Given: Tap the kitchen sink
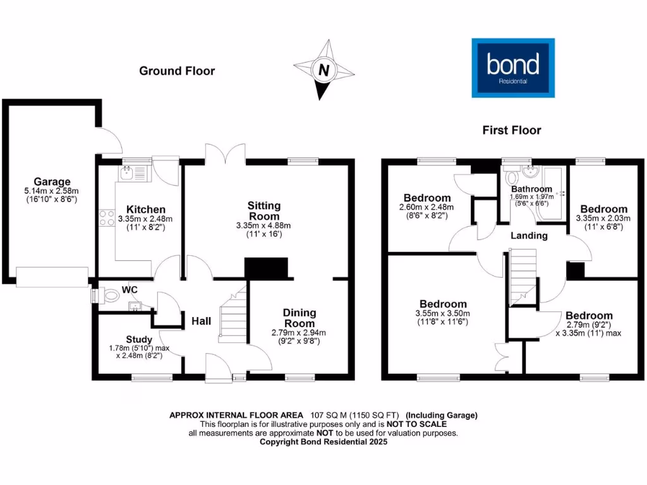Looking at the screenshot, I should point(128,171).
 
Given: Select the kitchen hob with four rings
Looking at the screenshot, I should point(105,219).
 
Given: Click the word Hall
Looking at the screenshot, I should point(202,321).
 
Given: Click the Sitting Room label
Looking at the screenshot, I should point(263,211).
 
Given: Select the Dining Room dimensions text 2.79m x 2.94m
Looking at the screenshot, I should point(298,333).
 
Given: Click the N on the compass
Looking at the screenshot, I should point(324,71).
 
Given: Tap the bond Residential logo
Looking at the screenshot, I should point(513,68).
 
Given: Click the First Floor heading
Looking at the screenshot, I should point(512,131).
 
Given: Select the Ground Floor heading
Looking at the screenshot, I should point(177,71).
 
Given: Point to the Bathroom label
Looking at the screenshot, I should point(531,189).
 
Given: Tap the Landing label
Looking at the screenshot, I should point(529,236).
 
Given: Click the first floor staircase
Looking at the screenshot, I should point(522,272).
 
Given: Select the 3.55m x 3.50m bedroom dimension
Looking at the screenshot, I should point(442,313).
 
